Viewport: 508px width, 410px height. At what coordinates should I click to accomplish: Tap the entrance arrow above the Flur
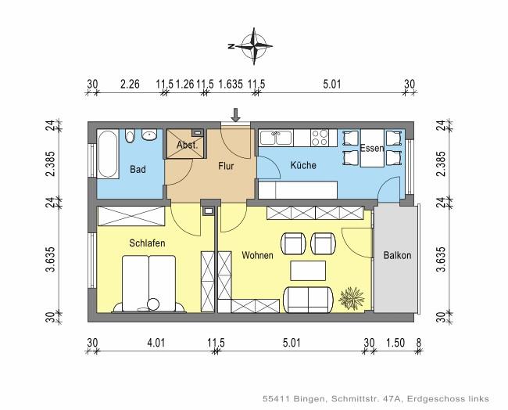pyautogui.click(x=235, y=117)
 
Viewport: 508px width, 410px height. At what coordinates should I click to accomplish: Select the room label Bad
pyautogui.click(x=138, y=170)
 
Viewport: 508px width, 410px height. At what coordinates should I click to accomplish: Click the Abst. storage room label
pyautogui.click(x=185, y=145)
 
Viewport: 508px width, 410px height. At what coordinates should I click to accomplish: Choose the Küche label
pyautogui.click(x=302, y=166)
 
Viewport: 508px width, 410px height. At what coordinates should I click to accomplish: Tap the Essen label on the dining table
pyautogui.click(x=371, y=148)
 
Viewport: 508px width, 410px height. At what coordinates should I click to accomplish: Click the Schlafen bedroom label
pyautogui.click(x=147, y=244)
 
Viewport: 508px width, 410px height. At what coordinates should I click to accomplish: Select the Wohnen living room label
pyautogui.click(x=257, y=256)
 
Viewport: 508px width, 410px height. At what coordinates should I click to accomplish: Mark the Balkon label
pyautogui.click(x=397, y=256)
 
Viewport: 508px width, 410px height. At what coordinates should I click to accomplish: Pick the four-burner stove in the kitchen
pyautogui.click(x=320, y=138)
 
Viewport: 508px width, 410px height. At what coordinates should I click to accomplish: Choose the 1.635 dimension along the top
pyautogui.click(x=230, y=83)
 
